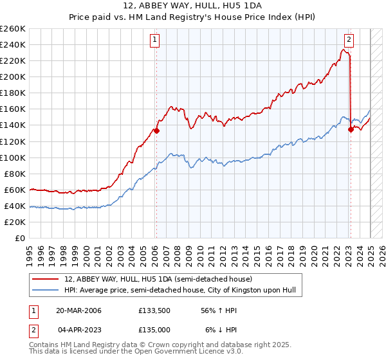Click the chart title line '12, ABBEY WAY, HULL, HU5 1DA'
click(193, 6)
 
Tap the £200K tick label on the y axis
click(13, 77)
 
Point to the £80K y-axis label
click(15, 174)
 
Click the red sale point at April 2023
click(351, 129)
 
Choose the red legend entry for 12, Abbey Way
click(158, 279)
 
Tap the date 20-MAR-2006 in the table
click(78, 310)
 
